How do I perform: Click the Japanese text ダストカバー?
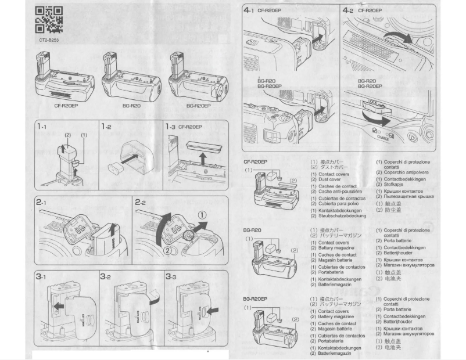329,167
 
